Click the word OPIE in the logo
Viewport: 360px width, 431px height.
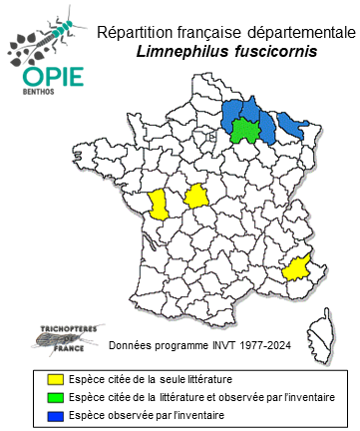pyautogui.click(x=46, y=79)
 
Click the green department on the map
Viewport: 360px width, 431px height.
pyautogui.click(x=242, y=130)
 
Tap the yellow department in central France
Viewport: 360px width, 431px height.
pyautogui.click(x=196, y=197)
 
